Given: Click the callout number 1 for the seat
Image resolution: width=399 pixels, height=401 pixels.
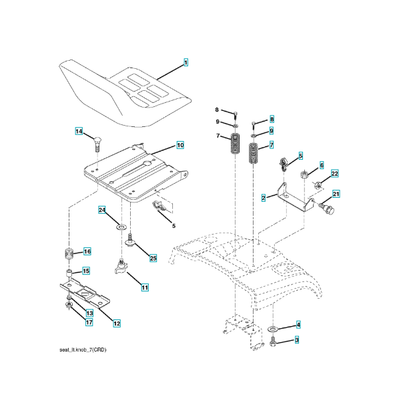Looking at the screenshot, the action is (x=186, y=62).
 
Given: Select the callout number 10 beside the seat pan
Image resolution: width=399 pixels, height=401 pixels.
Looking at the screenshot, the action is (x=180, y=145).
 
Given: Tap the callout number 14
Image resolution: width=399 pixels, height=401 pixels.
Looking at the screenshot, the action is (x=79, y=131).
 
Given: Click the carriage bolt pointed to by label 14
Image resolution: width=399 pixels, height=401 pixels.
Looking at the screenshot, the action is (x=97, y=144).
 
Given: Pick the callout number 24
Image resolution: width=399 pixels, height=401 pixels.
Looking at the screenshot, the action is (x=102, y=210).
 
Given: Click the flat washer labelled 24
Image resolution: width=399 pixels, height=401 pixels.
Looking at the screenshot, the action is (x=121, y=227).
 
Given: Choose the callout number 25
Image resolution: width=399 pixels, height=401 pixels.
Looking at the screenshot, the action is (x=153, y=258).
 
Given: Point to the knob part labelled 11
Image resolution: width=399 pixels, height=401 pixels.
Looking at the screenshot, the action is (x=121, y=267).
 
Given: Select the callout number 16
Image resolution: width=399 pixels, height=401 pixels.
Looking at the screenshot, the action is (x=87, y=251).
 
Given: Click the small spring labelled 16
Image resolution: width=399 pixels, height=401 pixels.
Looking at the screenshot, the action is (x=69, y=253).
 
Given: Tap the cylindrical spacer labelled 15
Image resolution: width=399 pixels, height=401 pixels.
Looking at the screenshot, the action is (x=69, y=273).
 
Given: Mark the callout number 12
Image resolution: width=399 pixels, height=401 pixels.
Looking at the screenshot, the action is (x=117, y=323).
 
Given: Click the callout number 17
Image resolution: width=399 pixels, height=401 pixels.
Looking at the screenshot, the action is (x=89, y=322).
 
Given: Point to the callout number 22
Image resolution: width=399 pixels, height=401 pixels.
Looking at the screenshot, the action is (x=335, y=173).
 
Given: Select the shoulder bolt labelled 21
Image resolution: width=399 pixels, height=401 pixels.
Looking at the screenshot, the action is (x=326, y=208).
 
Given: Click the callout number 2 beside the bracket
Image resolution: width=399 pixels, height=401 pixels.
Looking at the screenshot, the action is (x=264, y=198).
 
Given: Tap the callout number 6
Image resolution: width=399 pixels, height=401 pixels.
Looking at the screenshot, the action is (x=322, y=165).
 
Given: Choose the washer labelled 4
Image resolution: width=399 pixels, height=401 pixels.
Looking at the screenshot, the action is (x=273, y=329).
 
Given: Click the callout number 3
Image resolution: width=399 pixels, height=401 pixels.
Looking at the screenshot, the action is (x=297, y=340).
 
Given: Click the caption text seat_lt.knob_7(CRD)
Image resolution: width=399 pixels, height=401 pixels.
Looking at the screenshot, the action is (x=83, y=350).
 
